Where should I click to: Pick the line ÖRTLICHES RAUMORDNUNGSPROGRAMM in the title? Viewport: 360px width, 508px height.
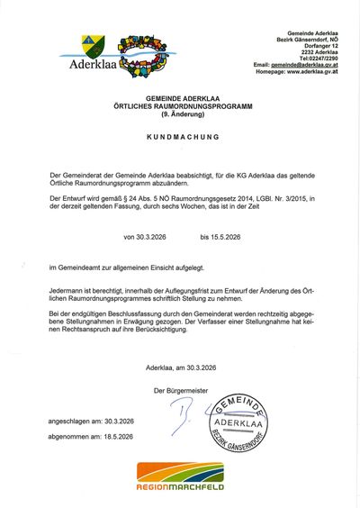[180, 105]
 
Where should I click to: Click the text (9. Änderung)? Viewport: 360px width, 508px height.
[180, 114]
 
